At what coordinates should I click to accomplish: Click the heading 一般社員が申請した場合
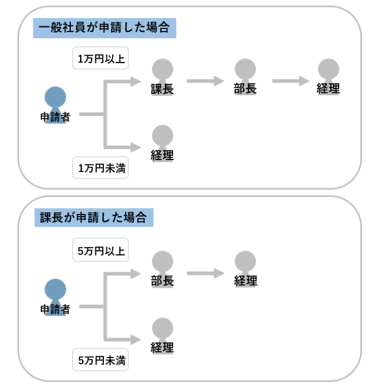(105, 27)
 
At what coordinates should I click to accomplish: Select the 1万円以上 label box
(101, 59)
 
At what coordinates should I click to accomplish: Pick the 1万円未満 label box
(101, 168)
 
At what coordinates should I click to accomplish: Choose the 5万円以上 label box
(101, 251)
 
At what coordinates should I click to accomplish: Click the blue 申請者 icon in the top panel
(55, 99)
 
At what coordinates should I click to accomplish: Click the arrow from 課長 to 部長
(205, 82)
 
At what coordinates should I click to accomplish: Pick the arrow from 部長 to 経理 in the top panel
(290, 82)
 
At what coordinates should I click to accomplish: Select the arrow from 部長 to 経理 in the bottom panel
(205, 273)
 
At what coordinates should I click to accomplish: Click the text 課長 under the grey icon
(162, 89)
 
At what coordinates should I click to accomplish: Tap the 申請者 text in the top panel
(55, 117)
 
